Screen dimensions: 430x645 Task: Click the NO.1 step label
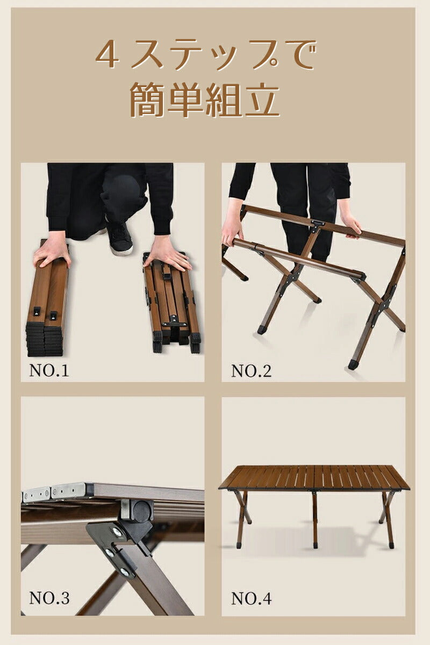pyautogui.click(x=49, y=370)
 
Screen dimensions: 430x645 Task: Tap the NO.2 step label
pyautogui.click(x=251, y=371)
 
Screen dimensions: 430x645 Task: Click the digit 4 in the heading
pyautogui.click(x=107, y=55)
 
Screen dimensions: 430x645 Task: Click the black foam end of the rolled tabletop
pyautogui.click(x=44, y=339)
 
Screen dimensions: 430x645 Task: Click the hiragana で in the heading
pyautogui.click(x=299, y=55)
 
